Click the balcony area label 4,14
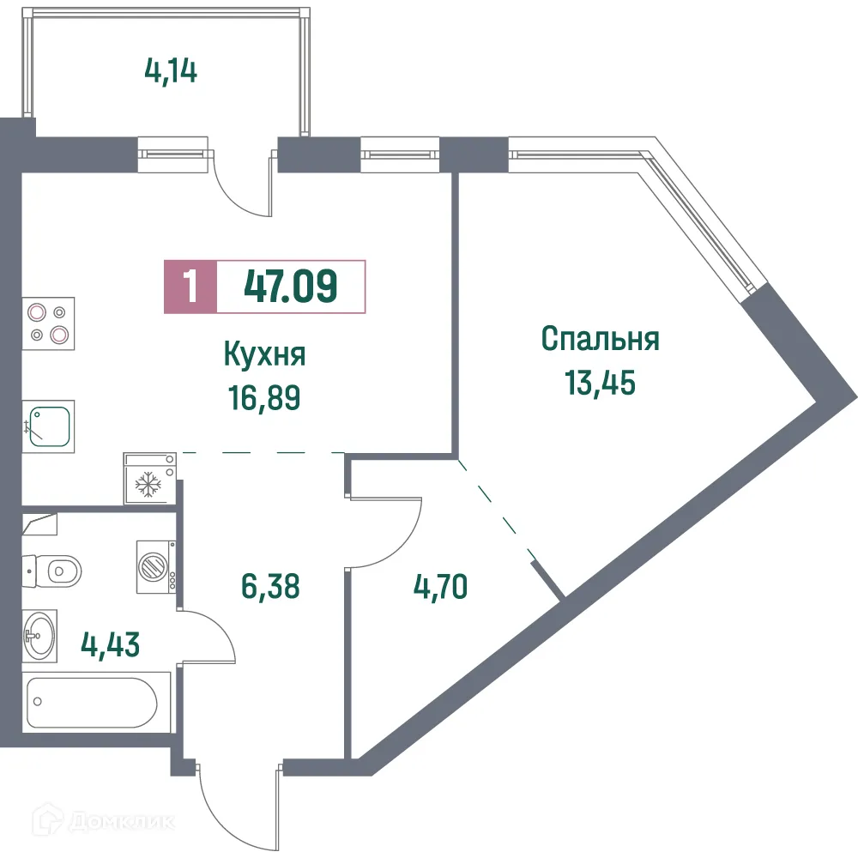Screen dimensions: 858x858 pyautogui.click(x=172, y=70)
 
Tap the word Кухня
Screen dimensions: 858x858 pyautogui.click(x=265, y=353)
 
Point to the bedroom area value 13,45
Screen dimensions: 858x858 pyautogui.click(x=600, y=383)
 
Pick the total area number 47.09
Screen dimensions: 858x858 pyautogui.click(x=291, y=286)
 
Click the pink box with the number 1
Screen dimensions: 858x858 pyautogui.click(x=190, y=286)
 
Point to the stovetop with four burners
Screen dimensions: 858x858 pyautogui.click(x=48, y=323)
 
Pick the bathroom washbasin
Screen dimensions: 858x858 pyautogui.click(x=39, y=636)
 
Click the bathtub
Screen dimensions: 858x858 pyautogui.click(x=92, y=703)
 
